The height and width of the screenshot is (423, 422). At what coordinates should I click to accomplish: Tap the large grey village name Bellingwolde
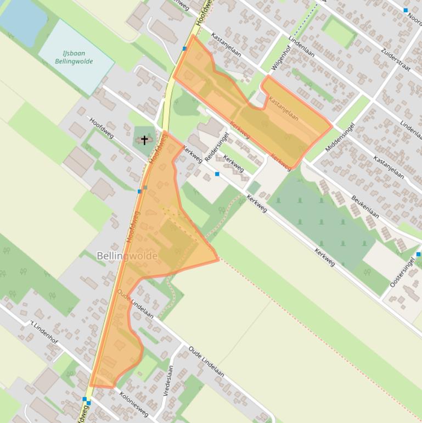pyautogui.click(x=127, y=256)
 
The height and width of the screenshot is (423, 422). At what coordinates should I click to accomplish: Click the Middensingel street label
pyautogui.click(x=340, y=137)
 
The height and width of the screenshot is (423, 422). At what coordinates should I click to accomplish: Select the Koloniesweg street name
pyautogui.click(x=133, y=404)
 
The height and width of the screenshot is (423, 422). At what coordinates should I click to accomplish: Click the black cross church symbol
pyautogui.click(x=145, y=140)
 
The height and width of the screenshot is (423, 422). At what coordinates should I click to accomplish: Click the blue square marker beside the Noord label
pyautogui.click(x=406, y=10)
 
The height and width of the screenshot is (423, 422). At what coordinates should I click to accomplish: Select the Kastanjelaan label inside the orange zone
pyautogui.click(x=283, y=109)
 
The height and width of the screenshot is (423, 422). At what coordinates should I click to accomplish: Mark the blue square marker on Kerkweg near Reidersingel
pyautogui.click(x=217, y=174)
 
